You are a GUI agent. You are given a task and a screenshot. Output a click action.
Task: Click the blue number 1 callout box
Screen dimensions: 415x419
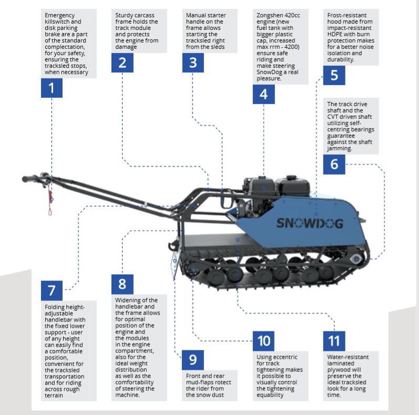(x=52, y=88)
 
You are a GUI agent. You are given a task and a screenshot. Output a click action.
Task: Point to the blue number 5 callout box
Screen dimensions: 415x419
(x=334, y=75)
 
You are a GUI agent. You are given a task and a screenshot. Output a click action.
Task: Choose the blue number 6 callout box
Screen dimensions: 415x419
(x=334, y=164)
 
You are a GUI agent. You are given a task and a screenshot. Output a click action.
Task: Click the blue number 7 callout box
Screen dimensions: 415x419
(x=52, y=290)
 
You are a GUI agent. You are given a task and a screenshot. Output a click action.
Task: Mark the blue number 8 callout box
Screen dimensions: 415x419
(x=122, y=285)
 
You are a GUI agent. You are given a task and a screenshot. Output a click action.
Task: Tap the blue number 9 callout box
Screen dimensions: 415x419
(x=193, y=360)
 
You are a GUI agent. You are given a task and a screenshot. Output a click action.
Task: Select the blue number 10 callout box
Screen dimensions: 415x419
(x=263, y=341)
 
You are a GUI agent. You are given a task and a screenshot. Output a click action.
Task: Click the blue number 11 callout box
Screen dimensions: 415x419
(x=334, y=341)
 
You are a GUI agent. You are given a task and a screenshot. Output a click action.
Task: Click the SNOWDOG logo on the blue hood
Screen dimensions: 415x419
(x=310, y=224)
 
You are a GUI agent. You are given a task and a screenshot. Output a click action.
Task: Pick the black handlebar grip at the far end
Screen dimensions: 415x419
(x=30, y=179)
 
